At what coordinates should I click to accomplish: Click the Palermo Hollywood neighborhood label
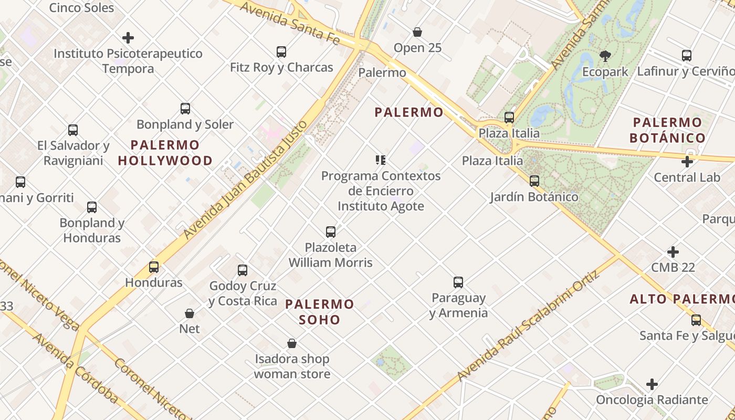click(x=165, y=153)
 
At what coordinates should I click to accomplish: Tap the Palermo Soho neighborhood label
click(x=319, y=312)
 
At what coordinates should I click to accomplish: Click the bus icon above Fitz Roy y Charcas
click(x=281, y=52)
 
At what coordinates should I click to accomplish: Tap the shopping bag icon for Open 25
click(x=417, y=33)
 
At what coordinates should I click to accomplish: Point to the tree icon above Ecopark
click(x=605, y=56)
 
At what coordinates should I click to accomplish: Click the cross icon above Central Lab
click(x=687, y=162)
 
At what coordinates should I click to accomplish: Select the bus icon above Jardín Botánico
click(x=534, y=181)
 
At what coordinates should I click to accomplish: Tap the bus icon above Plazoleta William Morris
click(x=331, y=232)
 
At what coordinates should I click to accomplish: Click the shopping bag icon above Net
click(x=190, y=313)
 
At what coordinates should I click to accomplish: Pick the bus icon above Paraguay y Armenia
click(x=458, y=282)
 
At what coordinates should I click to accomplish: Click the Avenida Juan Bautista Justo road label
click(x=245, y=180)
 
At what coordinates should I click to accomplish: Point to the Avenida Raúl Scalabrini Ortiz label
click(x=528, y=326)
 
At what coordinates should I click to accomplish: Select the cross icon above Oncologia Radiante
click(x=652, y=384)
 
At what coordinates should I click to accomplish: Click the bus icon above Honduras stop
click(x=154, y=267)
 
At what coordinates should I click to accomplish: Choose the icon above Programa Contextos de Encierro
click(x=381, y=160)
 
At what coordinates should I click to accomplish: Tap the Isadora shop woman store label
click(x=292, y=366)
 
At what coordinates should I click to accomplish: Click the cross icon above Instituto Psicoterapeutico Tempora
click(x=128, y=38)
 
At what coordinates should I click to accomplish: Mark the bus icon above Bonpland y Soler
click(x=185, y=109)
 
